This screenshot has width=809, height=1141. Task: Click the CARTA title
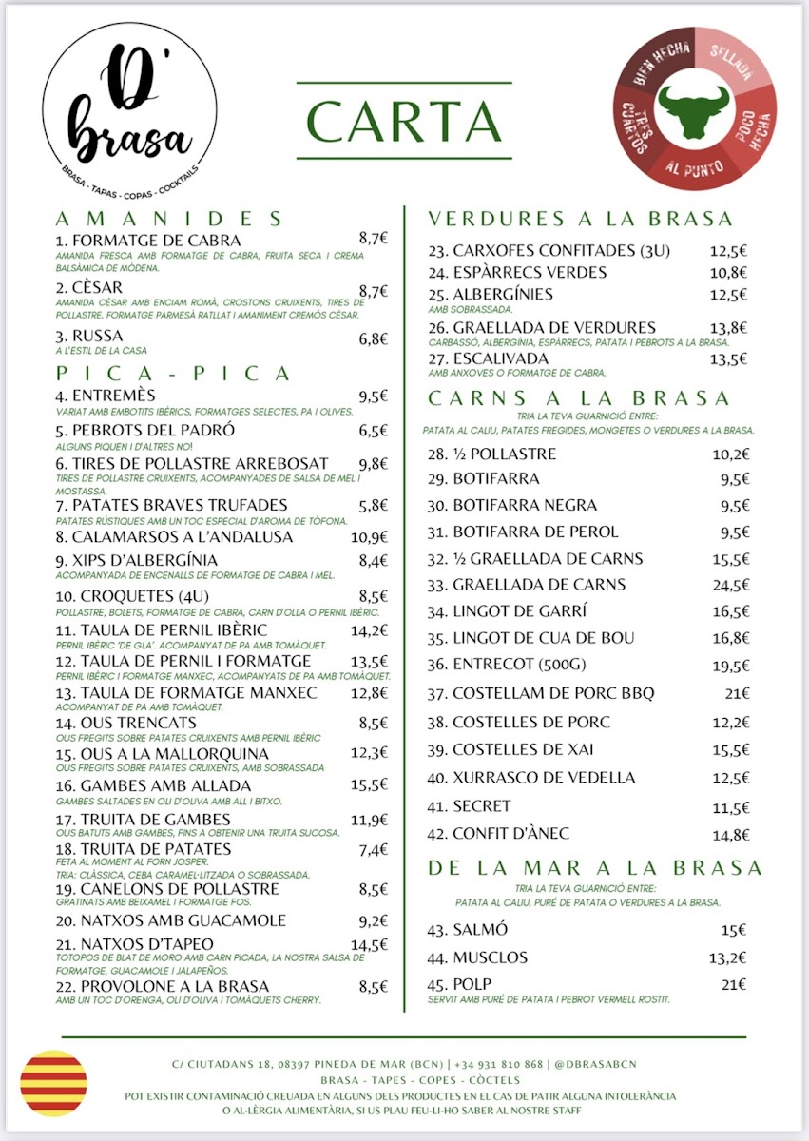pyautogui.click(x=403, y=121)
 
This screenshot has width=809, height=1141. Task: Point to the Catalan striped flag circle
pyautogui.click(x=53, y=1083)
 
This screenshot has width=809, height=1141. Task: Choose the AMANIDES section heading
pyautogui.click(x=170, y=218)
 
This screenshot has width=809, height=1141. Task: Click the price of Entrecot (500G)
pyautogui.click(x=730, y=667)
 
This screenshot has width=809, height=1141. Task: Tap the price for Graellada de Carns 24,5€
pyautogui.click(x=730, y=585)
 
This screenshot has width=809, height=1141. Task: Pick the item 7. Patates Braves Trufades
pyautogui.click(x=171, y=504)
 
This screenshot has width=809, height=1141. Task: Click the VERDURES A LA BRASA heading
pyautogui.click(x=580, y=219)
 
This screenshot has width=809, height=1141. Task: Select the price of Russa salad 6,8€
pyautogui.click(x=373, y=338)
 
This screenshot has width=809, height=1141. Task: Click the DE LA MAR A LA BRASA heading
pyautogui.click(x=595, y=867)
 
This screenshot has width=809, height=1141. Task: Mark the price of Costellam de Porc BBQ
pyautogui.click(x=736, y=694)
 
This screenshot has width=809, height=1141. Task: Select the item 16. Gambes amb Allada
pyautogui.click(x=153, y=785)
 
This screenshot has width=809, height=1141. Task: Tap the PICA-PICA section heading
pyautogui.click(x=174, y=373)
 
